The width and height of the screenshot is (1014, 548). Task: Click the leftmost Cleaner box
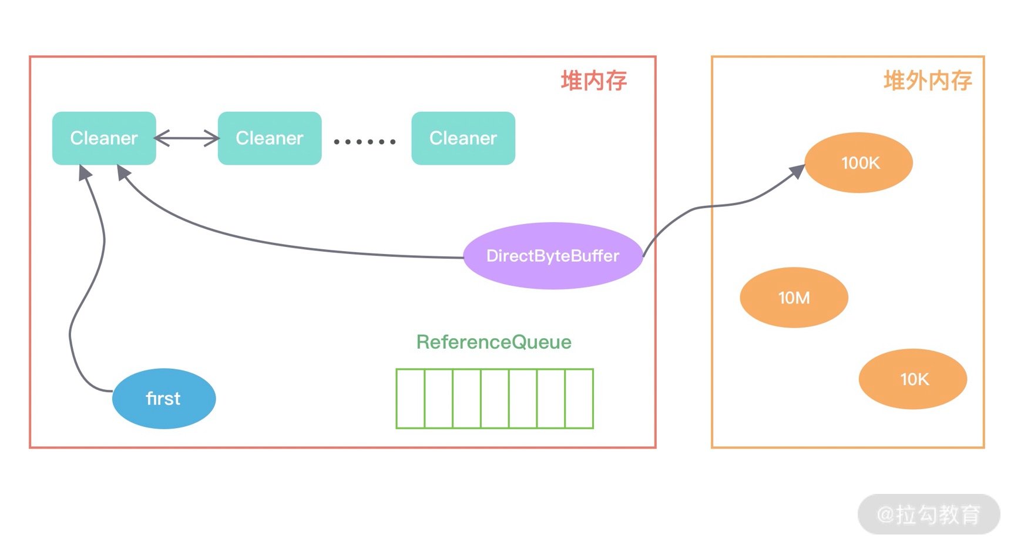104,138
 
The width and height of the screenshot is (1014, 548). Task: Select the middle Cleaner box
270,138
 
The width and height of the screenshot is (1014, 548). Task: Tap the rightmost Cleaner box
464,138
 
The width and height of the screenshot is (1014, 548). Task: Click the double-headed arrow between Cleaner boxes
187,138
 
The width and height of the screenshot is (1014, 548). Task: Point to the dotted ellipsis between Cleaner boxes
365,142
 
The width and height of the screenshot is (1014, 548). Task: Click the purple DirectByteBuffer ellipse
553,256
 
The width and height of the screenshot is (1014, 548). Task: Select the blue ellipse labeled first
164,399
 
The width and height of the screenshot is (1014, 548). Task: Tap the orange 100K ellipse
859,163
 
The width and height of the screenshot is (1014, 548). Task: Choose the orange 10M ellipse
794,298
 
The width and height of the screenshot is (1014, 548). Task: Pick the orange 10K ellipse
913,379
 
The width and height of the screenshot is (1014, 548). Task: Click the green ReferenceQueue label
494,342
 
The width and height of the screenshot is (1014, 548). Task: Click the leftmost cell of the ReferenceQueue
410,399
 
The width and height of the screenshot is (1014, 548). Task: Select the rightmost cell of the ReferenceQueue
579,399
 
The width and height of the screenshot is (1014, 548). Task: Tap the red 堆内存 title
594,81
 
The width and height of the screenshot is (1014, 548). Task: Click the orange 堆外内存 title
928,81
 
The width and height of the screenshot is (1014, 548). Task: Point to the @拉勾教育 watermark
929,514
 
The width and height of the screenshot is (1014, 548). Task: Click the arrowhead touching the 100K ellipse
797,172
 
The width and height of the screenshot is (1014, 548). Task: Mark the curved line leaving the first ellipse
88,276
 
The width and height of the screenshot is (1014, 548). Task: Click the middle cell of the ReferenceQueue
495,399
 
